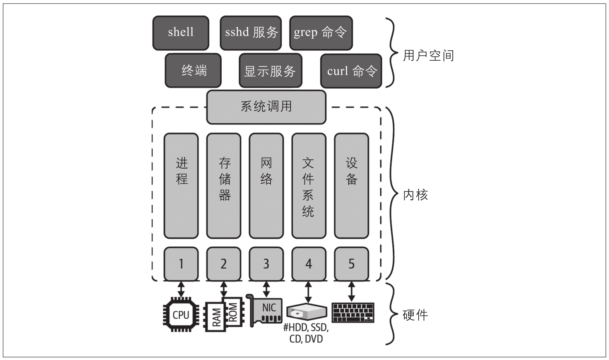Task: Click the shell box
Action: tap(181, 33)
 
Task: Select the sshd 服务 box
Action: tap(251, 33)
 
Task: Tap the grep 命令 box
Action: tap(321, 33)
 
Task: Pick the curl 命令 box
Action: tap(351, 71)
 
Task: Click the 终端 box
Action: tap(193, 71)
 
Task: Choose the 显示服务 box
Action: tap(270, 71)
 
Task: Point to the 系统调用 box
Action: tap(266, 107)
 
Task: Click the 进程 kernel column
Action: tap(181, 186)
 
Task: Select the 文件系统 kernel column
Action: tap(309, 186)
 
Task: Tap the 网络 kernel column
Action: tap(266, 186)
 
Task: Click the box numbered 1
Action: tap(181, 264)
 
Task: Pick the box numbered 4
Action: tap(309, 264)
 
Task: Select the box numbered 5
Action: tap(351, 264)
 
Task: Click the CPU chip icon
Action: tap(181, 315)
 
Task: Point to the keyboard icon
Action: tap(353, 312)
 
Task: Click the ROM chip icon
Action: tap(233, 312)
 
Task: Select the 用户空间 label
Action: tap(428, 56)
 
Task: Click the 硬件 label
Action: tap(415, 315)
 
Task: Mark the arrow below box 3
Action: tap(266, 289)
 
